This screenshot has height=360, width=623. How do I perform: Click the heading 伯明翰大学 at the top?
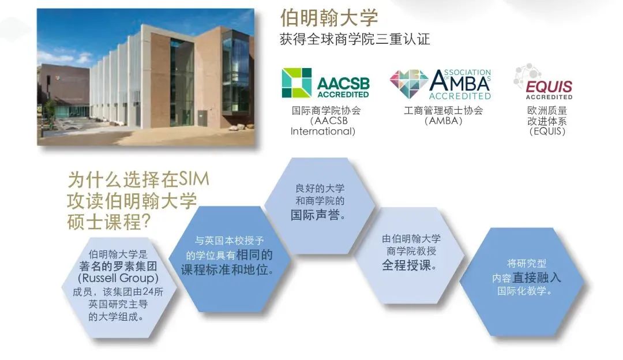(329, 18)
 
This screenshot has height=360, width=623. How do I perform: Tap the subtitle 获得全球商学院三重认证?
(355, 40)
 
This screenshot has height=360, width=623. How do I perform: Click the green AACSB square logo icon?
(297, 82)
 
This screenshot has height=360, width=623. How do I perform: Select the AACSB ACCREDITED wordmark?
(343, 87)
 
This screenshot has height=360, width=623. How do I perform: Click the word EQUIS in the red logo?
(549, 87)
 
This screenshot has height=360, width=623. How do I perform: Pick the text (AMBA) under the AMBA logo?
(443, 121)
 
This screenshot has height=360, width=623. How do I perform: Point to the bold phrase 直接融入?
(537, 277)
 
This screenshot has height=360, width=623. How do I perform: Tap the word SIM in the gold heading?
(193, 179)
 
